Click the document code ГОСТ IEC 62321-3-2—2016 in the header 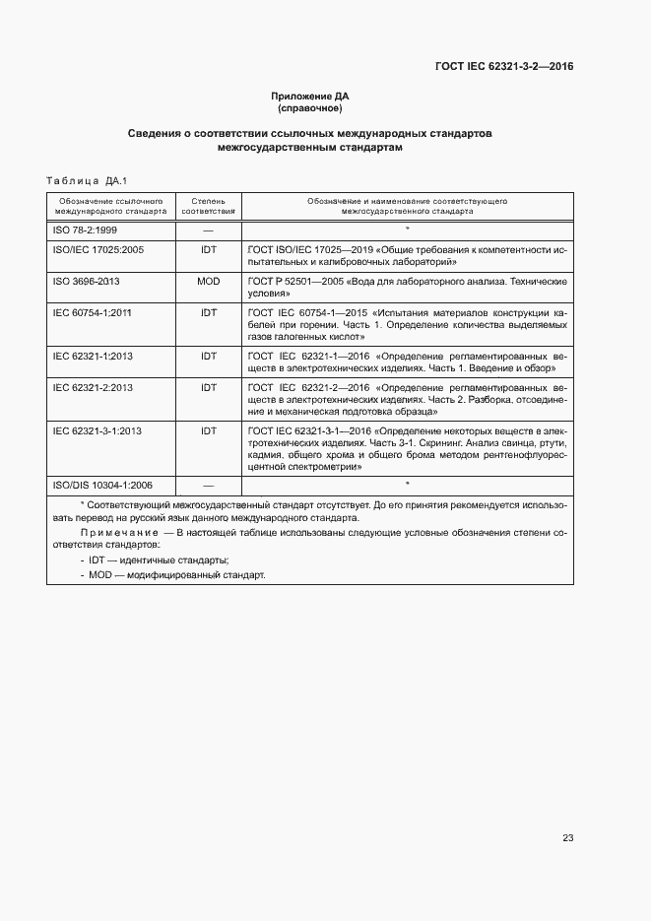(504, 67)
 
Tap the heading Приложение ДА (309, 96)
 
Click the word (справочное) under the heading (309, 107)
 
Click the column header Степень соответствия (208, 205)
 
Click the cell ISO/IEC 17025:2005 (98, 250)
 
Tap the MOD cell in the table (208, 281)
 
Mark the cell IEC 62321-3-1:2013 (97, 430)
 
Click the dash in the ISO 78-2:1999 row (208, 229)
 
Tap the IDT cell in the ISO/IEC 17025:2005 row (208, 250)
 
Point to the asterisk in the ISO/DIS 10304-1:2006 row (407, 484)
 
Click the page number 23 (567, 838)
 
